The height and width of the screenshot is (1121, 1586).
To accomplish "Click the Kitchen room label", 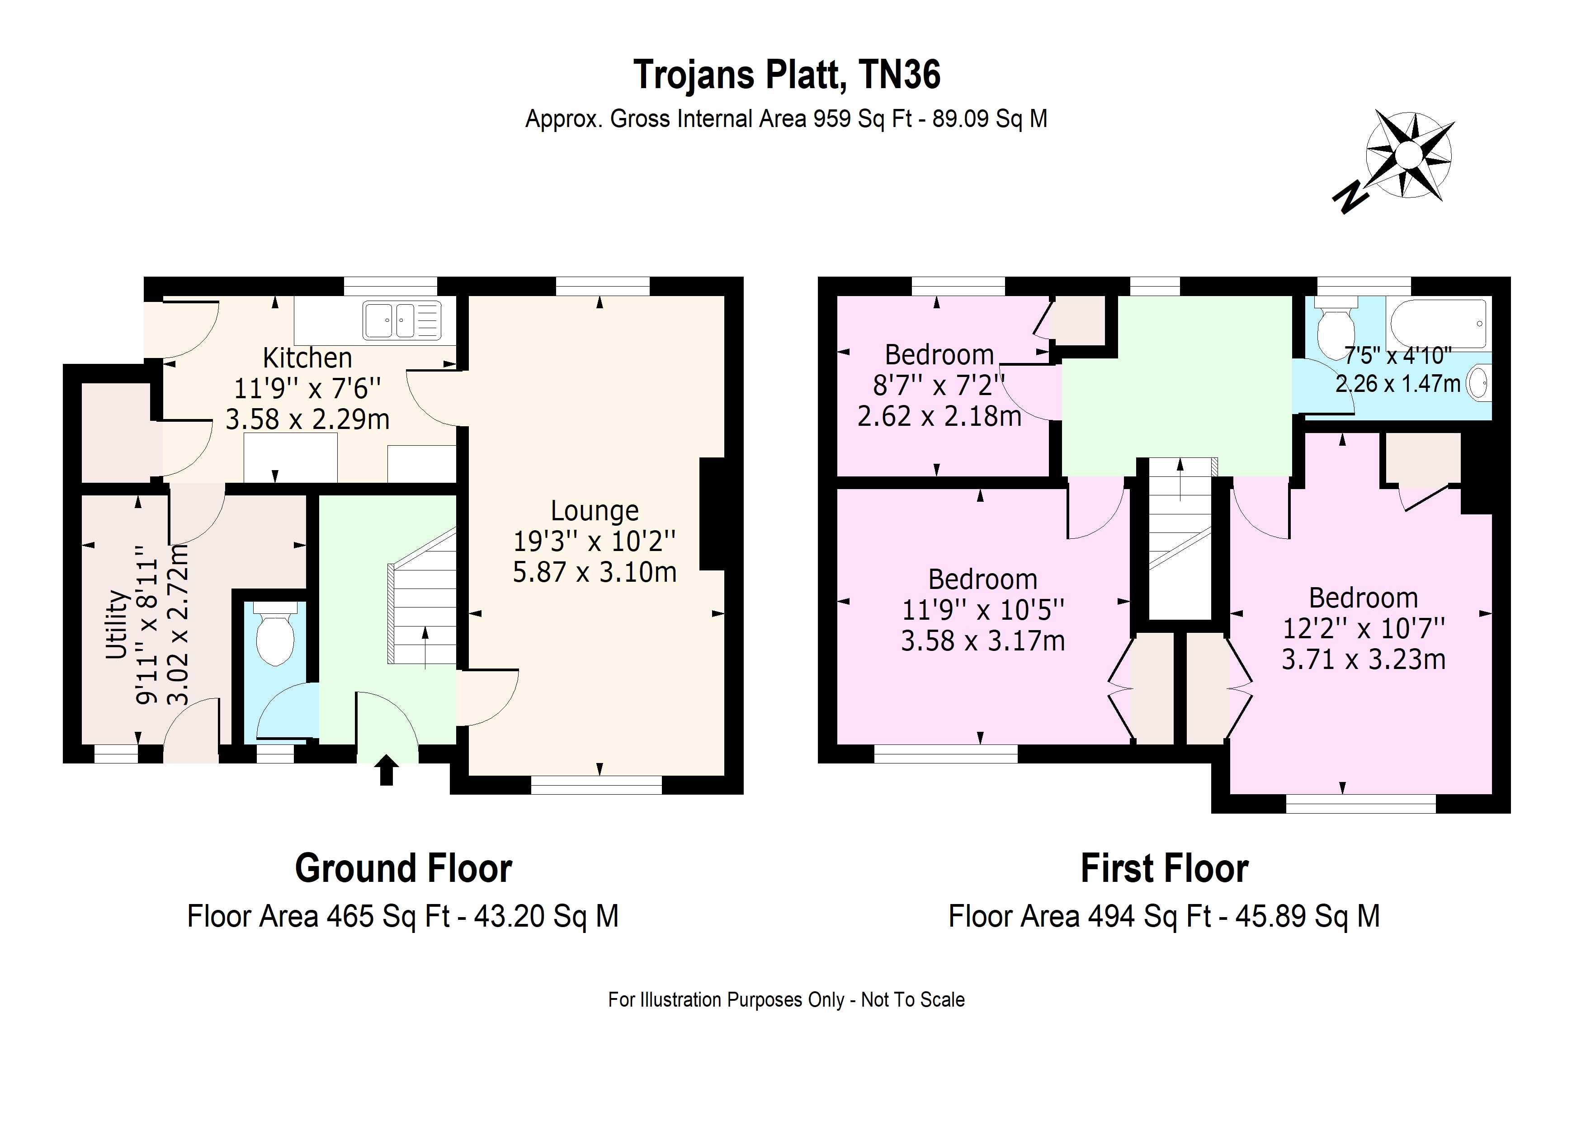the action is (x=307, y=358).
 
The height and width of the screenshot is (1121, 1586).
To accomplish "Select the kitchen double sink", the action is (x=402, y=320).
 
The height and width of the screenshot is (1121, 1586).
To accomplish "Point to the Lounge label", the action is (x=595, y=510).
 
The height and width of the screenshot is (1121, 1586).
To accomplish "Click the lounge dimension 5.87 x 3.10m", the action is (x=595, y=572).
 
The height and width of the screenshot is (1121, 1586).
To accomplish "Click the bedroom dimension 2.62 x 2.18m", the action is (x=939, y=416).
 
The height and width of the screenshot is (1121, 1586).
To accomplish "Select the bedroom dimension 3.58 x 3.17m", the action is (x=983, y=641).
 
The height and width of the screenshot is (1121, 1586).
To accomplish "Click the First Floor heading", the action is (x=1165, y=868).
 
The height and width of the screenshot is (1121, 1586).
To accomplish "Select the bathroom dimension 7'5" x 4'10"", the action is (x=1398, y=355).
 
